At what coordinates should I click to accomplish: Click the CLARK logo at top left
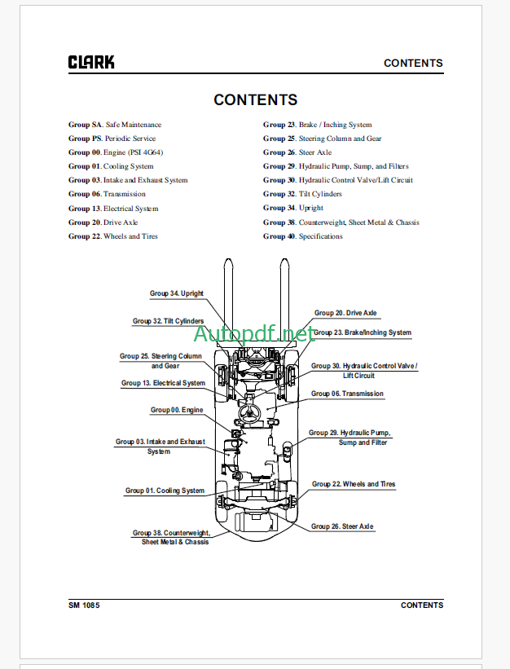91,62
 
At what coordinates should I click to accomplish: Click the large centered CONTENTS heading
255,100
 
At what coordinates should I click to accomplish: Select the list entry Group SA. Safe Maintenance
115,125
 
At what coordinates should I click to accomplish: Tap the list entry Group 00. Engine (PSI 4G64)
115,152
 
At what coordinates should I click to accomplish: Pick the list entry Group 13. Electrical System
113,209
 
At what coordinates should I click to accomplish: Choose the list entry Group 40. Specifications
302,236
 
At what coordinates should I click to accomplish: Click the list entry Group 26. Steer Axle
297,152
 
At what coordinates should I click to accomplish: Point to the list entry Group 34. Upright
293,209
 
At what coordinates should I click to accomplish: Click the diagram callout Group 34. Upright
177,293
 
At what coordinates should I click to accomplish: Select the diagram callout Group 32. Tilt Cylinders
169,321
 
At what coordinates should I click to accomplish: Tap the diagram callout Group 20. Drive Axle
347,313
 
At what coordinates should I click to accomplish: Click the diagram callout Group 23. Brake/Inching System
362,332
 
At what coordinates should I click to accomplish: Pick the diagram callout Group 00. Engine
177,410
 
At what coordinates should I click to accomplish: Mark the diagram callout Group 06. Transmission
347,394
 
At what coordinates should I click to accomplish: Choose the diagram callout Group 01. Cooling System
165,491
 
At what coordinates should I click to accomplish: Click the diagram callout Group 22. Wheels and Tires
354,484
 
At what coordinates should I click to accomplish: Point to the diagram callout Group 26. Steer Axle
342,526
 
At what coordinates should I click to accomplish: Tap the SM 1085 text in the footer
84,605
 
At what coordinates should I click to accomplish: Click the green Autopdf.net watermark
253,333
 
